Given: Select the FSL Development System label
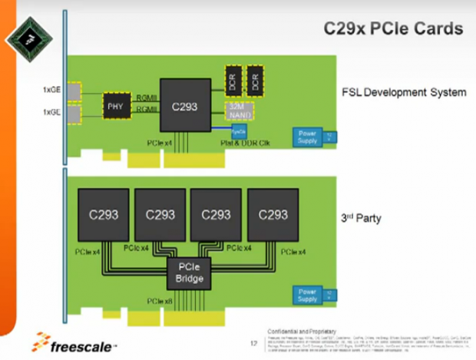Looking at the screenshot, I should pyautogui.click(x=403, y=92).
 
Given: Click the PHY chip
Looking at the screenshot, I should pyautogui.click(x=115, y=106).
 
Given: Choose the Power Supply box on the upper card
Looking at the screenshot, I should pyautogui.click(x=307, y=137).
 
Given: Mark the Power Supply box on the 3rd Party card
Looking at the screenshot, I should pyautogui.click(x=307, y=294).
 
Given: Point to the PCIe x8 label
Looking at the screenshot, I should pyautogui.click(x=159, y=300).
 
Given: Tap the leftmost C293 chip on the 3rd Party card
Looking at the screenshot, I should pyautogui.click(x=104, y=215).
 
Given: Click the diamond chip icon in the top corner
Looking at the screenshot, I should pyautogui.click(x=28, y=38).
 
